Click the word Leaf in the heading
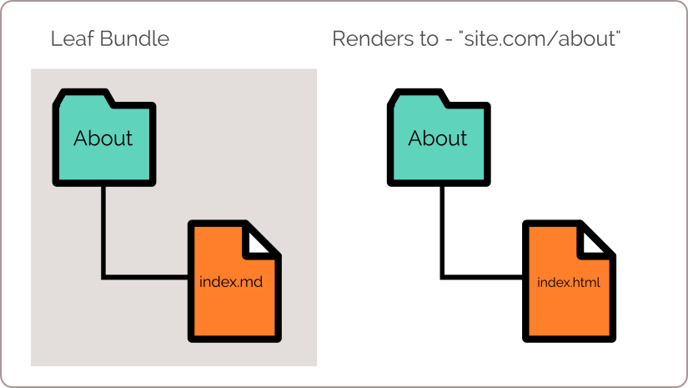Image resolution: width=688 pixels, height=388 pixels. [x=72, y=38]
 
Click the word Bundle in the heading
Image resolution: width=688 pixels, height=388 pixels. [x=134, y=38]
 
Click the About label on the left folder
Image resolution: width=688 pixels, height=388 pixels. [x=103, y=139]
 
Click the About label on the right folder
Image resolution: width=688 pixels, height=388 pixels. [x=438, y=139]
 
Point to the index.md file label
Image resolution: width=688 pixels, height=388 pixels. [x=231, y=281]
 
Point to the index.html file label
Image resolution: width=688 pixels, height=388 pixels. [x=568, y=282]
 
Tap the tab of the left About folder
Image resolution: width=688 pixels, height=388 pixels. [x=85, y=98]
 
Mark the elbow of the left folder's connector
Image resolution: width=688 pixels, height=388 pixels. [x=103, y=277]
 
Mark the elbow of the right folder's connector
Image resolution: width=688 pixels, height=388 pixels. [x=442, y=277]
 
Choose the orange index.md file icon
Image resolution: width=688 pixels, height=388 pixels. [x=234, y=281]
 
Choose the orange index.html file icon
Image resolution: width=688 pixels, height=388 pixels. [x=569, y=281]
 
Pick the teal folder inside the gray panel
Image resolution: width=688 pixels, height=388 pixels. [x=104, y=138]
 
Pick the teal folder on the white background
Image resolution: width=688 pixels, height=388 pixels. [x=439, y=138]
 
